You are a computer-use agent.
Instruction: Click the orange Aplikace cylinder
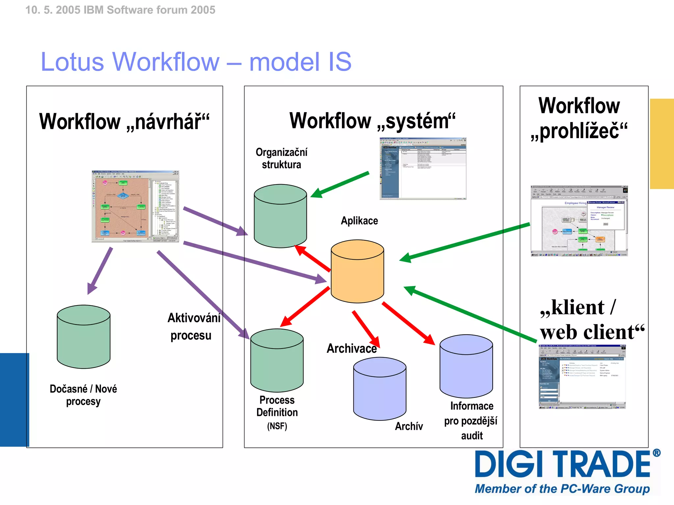pos(357,272)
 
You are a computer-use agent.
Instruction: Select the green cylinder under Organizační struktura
pos(280,216)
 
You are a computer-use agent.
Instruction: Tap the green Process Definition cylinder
pos(277,361)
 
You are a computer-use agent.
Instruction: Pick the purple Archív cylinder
pos(379,389)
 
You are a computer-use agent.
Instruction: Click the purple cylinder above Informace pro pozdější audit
pos(466,366)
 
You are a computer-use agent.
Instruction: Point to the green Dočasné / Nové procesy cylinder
pos(84,337)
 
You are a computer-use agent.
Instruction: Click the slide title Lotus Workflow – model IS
pos(196,62)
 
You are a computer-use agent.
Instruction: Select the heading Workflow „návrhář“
pos(124,122)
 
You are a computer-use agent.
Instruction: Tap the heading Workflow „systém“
pos(372,121)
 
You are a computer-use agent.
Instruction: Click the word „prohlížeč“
pos(579,131)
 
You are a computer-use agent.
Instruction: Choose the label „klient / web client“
pos(592,320)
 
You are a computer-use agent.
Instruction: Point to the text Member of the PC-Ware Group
pos(562,489)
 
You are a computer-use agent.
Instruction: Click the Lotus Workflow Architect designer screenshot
pos(135,206)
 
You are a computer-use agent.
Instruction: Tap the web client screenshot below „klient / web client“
pos(582,377)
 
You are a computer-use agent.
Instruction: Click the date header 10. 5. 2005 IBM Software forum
pos(120,10)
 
